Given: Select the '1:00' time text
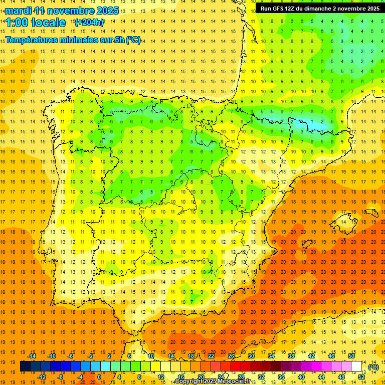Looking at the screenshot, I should pyautogui.click(x=18, y=23).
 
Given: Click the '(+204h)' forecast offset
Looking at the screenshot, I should pyautogui.click(x=89, y=22).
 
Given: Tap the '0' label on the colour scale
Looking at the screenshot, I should pyautogui.click(x=99, y=376).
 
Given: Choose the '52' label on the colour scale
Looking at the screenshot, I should pyautogui.click(x=361, y=376).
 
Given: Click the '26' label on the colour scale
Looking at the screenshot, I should pyautogui.click(x=231, y=356).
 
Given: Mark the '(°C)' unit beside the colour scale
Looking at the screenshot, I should pyautogui.click(x=373, y=367).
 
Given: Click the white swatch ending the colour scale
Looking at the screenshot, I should pyautogui.click(x=356, y=366).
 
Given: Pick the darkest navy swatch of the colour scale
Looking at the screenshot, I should pyautogui.click(x=25, y=366).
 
